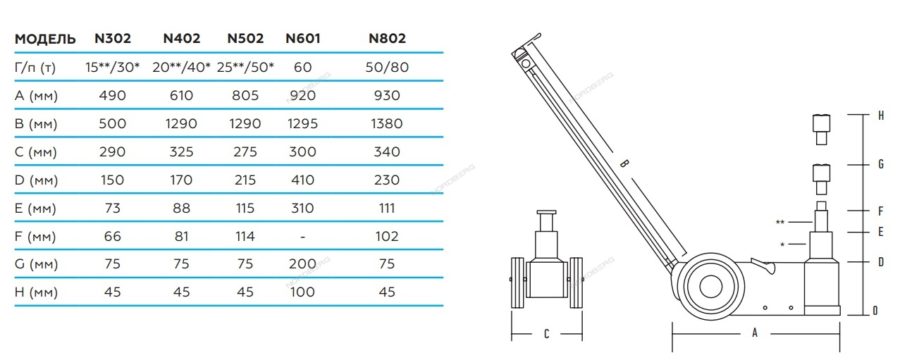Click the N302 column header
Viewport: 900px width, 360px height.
tap(112, 38)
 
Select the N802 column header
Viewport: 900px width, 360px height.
tap(387, 38)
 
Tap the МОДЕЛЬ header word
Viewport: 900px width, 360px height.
tap(45, 40)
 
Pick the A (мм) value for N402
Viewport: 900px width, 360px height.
tap(181, 95)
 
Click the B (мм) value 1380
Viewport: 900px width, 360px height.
tap(387, 123)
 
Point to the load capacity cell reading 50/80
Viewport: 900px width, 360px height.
tap(387, 67)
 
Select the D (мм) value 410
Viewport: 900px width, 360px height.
tap(302, 180)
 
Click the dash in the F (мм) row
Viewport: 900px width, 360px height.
tap(302, 237)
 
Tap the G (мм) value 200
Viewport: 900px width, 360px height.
tap(302, 264)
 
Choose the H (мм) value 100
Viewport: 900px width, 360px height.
tap(302, 292)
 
